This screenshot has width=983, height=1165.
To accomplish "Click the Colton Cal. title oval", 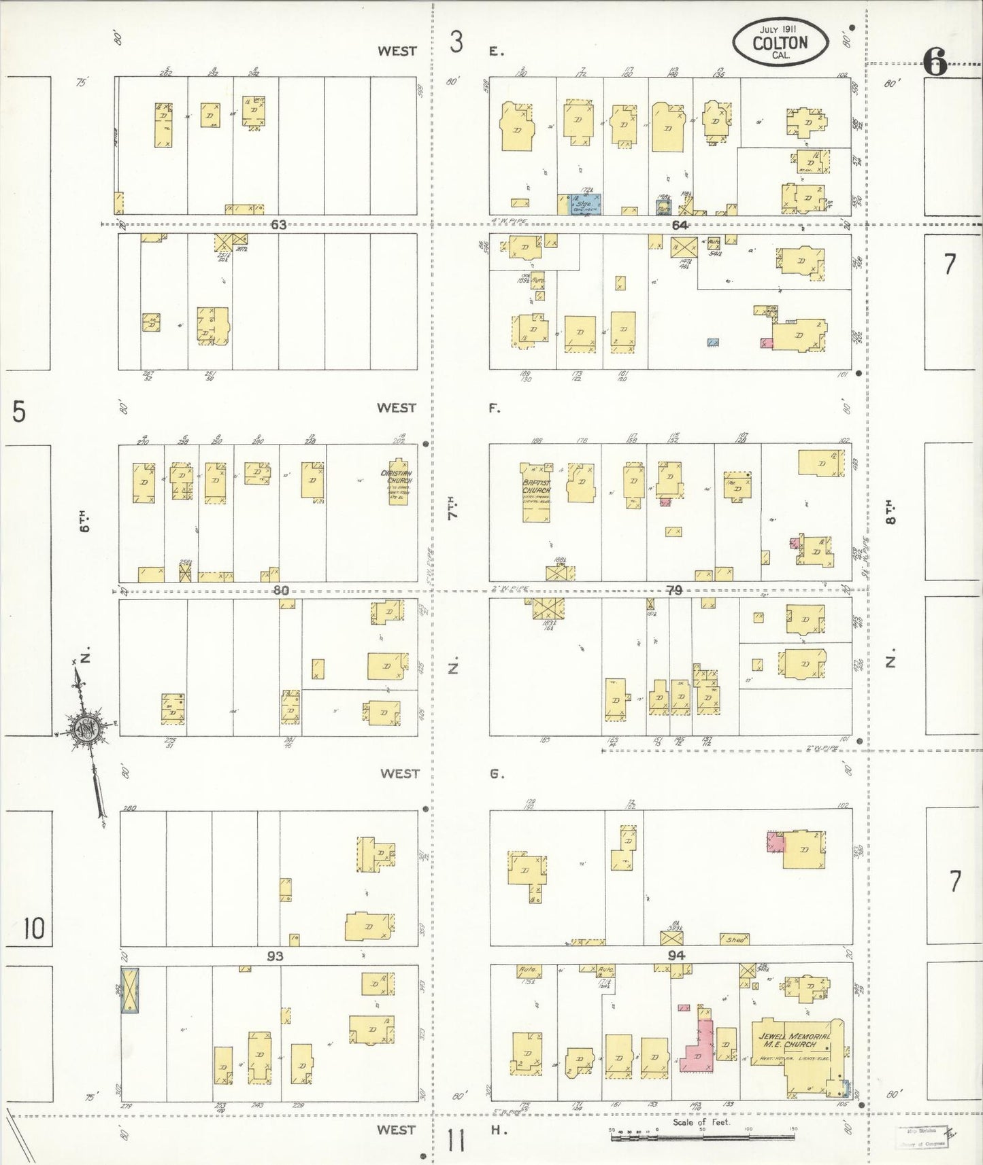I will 780,43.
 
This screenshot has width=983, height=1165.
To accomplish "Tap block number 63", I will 278,225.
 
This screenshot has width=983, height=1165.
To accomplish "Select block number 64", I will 679,226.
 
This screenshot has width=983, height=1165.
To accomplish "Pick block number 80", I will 280,590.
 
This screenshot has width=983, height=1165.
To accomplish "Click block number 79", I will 673,590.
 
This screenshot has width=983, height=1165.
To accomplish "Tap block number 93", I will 275,956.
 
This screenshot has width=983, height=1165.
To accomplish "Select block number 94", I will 676,955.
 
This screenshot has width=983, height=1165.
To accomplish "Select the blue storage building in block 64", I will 584,204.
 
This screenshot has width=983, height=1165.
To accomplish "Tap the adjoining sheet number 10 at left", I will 33,928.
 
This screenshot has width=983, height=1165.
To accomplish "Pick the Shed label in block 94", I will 735,939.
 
